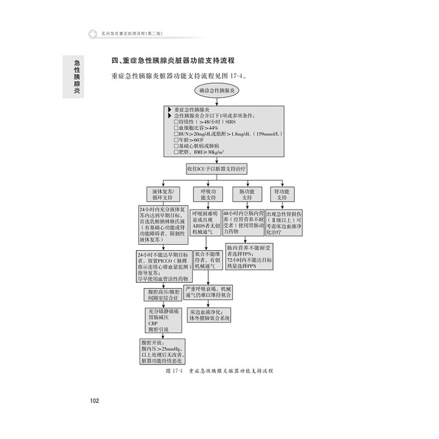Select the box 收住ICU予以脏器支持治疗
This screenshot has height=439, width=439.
coord(219,170)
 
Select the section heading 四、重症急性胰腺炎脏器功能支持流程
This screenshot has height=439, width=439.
coord(173,61)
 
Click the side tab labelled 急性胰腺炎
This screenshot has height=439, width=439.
coord(76,76)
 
